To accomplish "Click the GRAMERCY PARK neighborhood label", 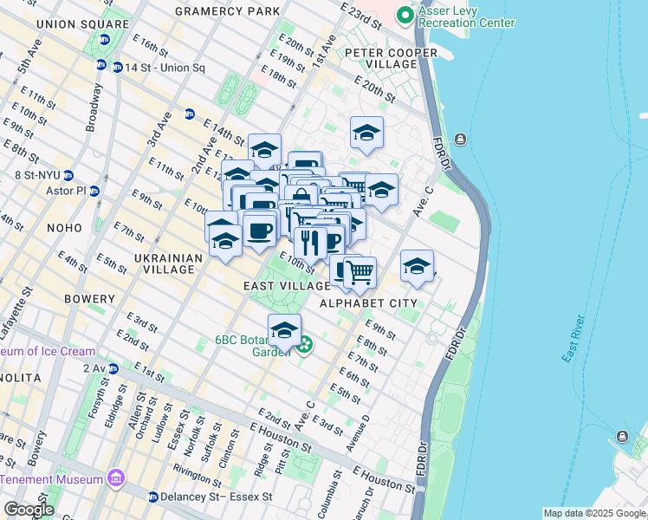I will pos(227,11).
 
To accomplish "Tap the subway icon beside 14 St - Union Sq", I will pos(101,66).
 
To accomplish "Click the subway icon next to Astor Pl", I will pos(94,191).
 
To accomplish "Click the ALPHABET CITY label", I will pos(368,303).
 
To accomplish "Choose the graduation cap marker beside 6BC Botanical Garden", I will pos(284,330).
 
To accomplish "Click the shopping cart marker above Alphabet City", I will pos(360,272).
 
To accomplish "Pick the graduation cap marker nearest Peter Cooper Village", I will pos(366,133).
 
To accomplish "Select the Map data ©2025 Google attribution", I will pos(593,513).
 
